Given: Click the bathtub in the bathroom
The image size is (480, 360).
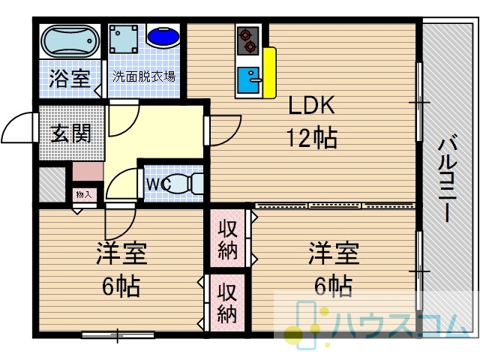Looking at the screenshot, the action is pyautogui.click(x=70, y=41).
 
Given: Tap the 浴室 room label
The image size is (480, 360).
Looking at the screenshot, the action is pyautogui.click(x=70, y=78).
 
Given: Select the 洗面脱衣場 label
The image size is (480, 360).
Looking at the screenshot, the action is pyautogui.click(x=144, y=76).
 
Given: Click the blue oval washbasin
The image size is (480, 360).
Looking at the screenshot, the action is pyautogui.click(x=163, y=37).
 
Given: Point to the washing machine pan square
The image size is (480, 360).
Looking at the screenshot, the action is pyautogui.click(x=124, y=39).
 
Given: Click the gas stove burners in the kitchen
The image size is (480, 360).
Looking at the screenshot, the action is pyautogui.click(x=248, y=41).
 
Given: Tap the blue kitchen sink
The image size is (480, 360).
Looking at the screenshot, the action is pyautogui.click(x=248, y=80).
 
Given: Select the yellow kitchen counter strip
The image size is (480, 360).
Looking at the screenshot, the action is pyautogui.click(x=269, y=73).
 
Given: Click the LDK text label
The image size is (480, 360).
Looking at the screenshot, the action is pyautogui.click(x=312, y=105).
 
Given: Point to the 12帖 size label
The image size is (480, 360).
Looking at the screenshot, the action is pyautogui.click(x=312, y=138).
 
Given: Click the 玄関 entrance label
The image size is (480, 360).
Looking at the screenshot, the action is pyautogui.click(x=71, y=133).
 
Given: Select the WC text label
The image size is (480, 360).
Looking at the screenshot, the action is pyautogui.click(x=158, y=184).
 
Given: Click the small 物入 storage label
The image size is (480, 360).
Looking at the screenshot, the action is pyautogui.click(x=84, y=195).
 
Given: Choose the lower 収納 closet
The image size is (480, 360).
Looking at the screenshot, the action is pyautogui.click(x=227, y=303).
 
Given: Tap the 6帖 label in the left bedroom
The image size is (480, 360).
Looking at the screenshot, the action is pyautogui.click(x=121, y=286).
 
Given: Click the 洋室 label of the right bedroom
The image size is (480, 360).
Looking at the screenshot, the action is pyautogui.click(x=334, y=253).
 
